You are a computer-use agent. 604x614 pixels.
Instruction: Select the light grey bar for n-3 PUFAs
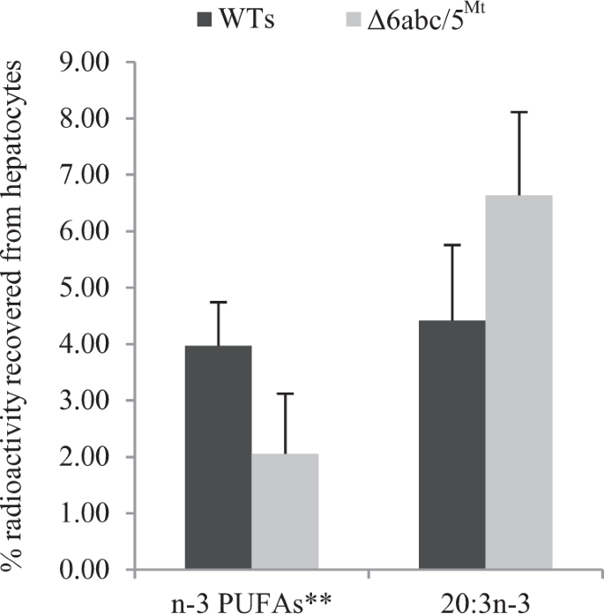[x=284, y=511]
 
